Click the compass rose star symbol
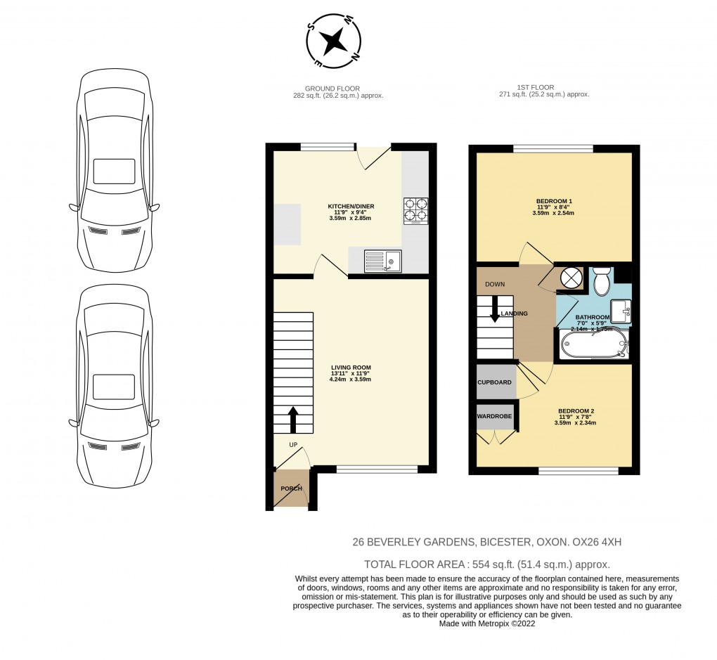coord(333,41)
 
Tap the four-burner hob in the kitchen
coord(415,211)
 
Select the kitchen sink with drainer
coord(382,261)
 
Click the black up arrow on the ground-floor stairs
coord(293,420)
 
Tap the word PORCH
coord(291,488)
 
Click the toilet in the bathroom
coord(600,280)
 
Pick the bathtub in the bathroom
coord(594,343)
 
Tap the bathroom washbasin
coord(621,311)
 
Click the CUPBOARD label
coord(494,382)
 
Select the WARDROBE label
coord(494,416)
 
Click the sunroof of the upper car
coord(114,172)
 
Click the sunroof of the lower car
coord(114,387)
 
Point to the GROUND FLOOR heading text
coord(332,89)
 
